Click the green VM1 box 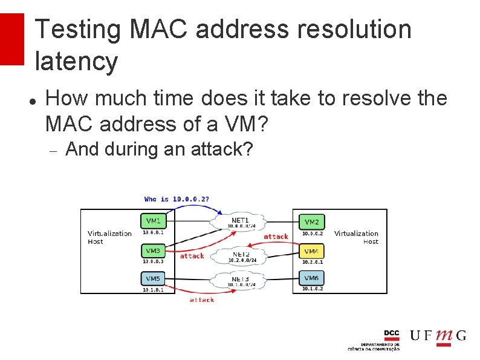coord(154,220)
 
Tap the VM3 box coord(154,250)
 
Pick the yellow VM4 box coord(311,250)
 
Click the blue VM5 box coord(154,278)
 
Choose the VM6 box coord(311,278)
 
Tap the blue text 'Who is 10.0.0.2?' coord(177,199)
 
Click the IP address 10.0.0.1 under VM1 coord(153,232)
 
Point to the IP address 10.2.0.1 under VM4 coord(313,262)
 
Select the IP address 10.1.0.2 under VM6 coord(313,289)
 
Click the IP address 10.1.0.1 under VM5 coord(153,289)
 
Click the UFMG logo coord(438,336)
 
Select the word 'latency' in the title coord(76,62)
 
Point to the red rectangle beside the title coord(11,39)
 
